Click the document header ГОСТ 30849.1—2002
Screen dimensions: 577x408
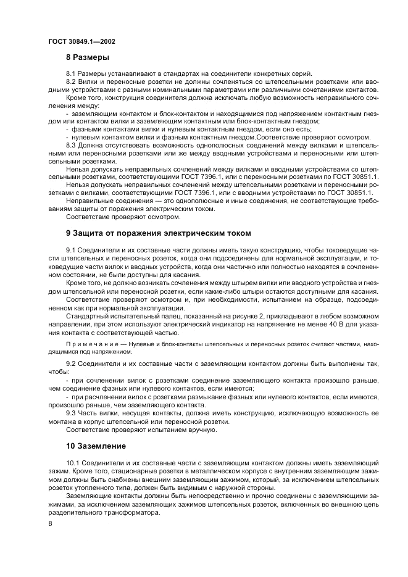81,41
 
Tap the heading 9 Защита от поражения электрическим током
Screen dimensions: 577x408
159,233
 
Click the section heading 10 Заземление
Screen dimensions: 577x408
96,446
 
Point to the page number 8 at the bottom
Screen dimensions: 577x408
50,523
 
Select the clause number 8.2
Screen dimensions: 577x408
71,81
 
